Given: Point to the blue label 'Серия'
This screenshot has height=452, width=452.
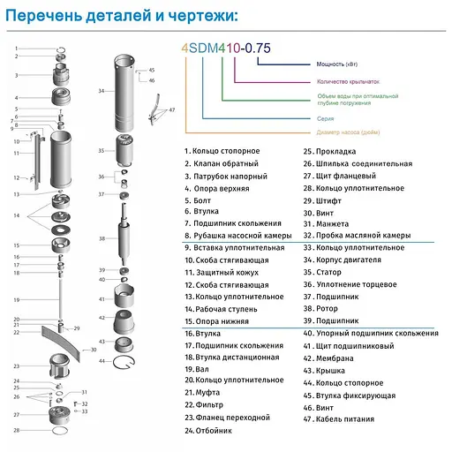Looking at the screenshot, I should pyautogui.click(x=325, y=117).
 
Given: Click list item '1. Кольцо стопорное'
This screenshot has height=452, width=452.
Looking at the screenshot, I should pyautogui.click(x=222, y=151).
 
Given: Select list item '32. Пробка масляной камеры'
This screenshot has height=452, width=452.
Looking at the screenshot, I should pyautogui.click(x=357, y=236).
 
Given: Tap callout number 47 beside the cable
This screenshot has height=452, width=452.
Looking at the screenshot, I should pyautogui.click(x=171, y=110).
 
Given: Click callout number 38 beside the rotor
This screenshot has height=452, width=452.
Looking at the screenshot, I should pyautogui.click(x=102, y=239).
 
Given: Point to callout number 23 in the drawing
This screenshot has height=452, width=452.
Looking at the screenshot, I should pyautogui.click(x=17, y=365).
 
